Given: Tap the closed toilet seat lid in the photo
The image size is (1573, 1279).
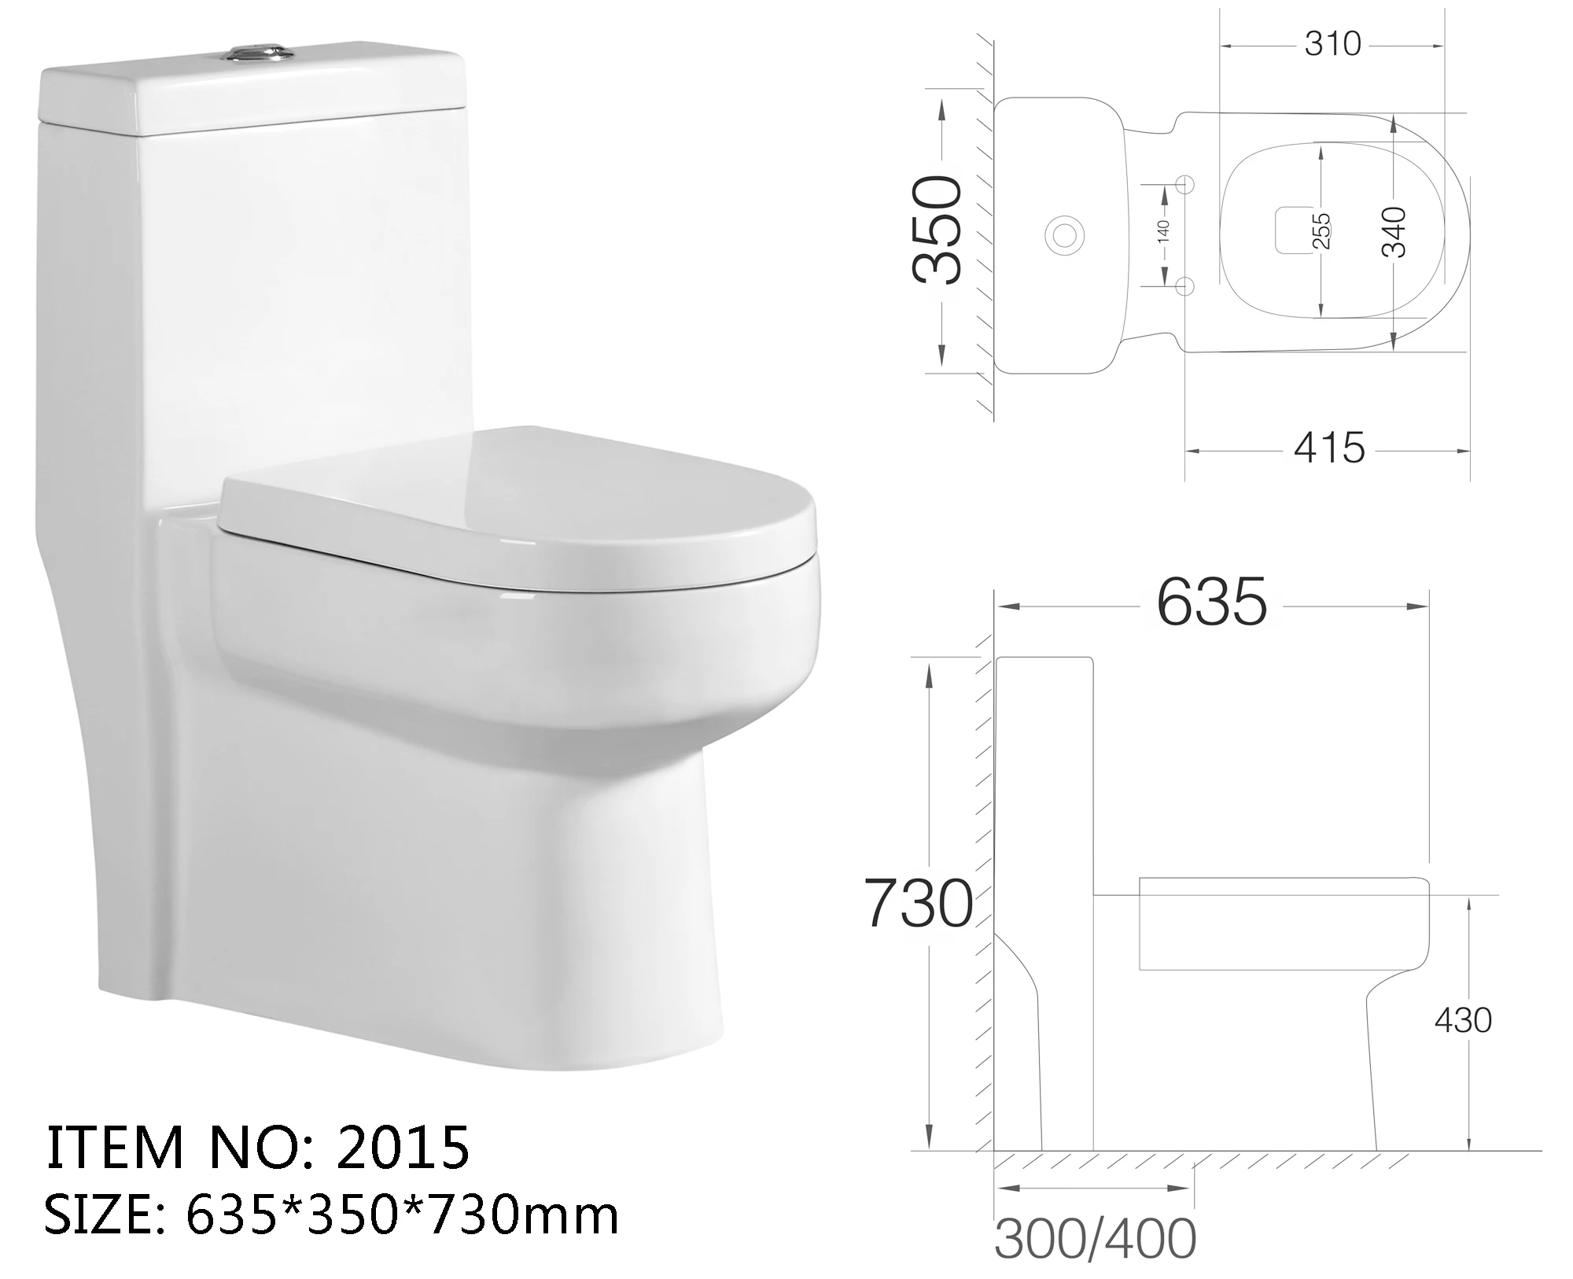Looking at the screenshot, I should tap(519, 503).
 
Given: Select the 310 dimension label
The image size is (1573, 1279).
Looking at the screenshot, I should tap(1332, 45).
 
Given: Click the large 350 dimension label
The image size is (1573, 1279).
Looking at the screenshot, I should tap(938, 229).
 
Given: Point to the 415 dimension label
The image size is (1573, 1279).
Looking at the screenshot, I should tap(1329, 448).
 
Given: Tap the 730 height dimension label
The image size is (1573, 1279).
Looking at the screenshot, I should tap(918, 903).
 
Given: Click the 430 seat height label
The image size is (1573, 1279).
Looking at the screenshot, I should tap(1463, 1021).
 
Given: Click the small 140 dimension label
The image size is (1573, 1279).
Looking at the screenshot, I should tap(1164, 230).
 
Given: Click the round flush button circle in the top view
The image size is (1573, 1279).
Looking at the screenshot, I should tap(1065, 234).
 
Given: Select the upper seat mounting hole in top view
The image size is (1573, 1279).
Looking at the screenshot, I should tap(1186, 184).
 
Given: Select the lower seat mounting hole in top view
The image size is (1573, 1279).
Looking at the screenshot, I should tap(1186, 284).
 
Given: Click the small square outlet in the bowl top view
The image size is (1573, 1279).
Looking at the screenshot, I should tap(1290, 230).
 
